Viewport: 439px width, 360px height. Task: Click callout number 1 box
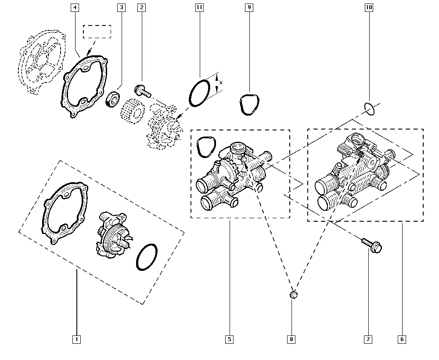tap(76, 339)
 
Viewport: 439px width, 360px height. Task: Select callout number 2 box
tap(141, 7)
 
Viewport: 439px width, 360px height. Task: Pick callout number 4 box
tap(75, 7)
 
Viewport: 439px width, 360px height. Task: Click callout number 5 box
tap(230, 339)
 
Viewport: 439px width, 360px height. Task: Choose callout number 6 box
tap(402, 339)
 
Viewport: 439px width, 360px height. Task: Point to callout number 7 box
tap(367, 339)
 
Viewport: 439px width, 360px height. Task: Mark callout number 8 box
tap(292, 339)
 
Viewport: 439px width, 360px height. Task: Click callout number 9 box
tap(249, 7)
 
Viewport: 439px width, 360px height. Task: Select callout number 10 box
tap(368, 7)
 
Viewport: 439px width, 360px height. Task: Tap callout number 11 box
tap(199, 7)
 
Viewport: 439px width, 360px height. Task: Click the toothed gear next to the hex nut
tap(132, 112)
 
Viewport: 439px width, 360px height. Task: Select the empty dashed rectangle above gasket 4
tap(97, 32)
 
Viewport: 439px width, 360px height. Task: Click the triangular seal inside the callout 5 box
tap(205, 147)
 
